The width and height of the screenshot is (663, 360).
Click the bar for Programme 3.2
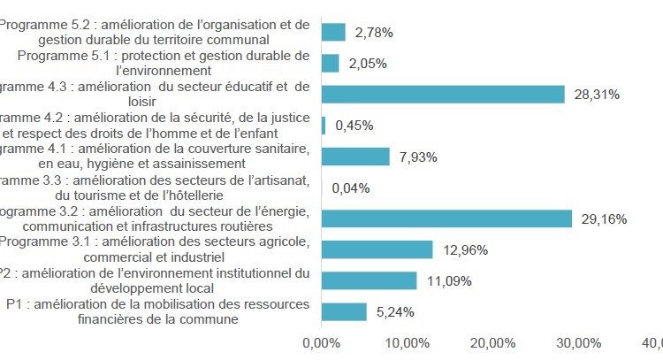[x=446, y=218]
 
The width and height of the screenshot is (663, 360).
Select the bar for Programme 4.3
[x=443, y=95]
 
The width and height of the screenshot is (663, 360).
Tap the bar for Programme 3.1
[x=377, y=249]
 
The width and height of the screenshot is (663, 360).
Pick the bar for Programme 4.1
[x=355, y=157]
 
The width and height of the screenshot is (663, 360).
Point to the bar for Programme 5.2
[x=333, y=32]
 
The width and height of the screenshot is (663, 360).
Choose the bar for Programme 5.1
[x=330, y=63]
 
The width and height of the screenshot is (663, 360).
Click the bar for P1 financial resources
[x=344, y=311]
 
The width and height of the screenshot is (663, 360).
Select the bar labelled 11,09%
[x=369, y=280]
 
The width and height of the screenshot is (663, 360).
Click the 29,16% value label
[x=604, y=219]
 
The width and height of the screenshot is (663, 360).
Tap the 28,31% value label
[x=597, y=95]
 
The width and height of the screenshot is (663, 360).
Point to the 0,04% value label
[x=350, y=188]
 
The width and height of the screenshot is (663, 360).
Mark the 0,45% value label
[x=354, y=126]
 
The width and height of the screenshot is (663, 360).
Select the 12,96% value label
[x=464, y=250]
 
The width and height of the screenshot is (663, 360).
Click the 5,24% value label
[x=395, y=312]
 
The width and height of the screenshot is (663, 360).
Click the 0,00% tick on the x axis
[x=321, y=343]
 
